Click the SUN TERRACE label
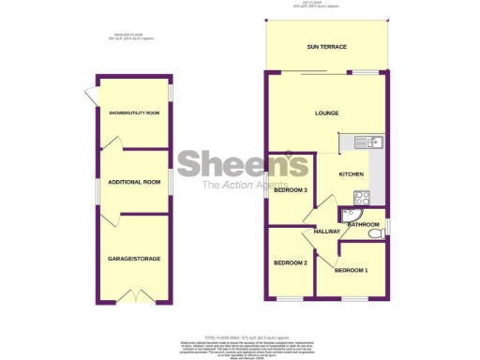click(326, 46)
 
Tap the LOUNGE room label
click(326, 113)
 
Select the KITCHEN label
click(351, 174)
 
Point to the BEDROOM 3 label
click(292, 190)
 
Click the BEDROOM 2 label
click(291, 262)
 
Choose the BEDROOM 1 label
click(352, 270)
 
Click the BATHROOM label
click(363, 225)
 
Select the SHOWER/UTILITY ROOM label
click(134, 113)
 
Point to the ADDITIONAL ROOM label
click(134, 182)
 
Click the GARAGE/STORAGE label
click(134, 255)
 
